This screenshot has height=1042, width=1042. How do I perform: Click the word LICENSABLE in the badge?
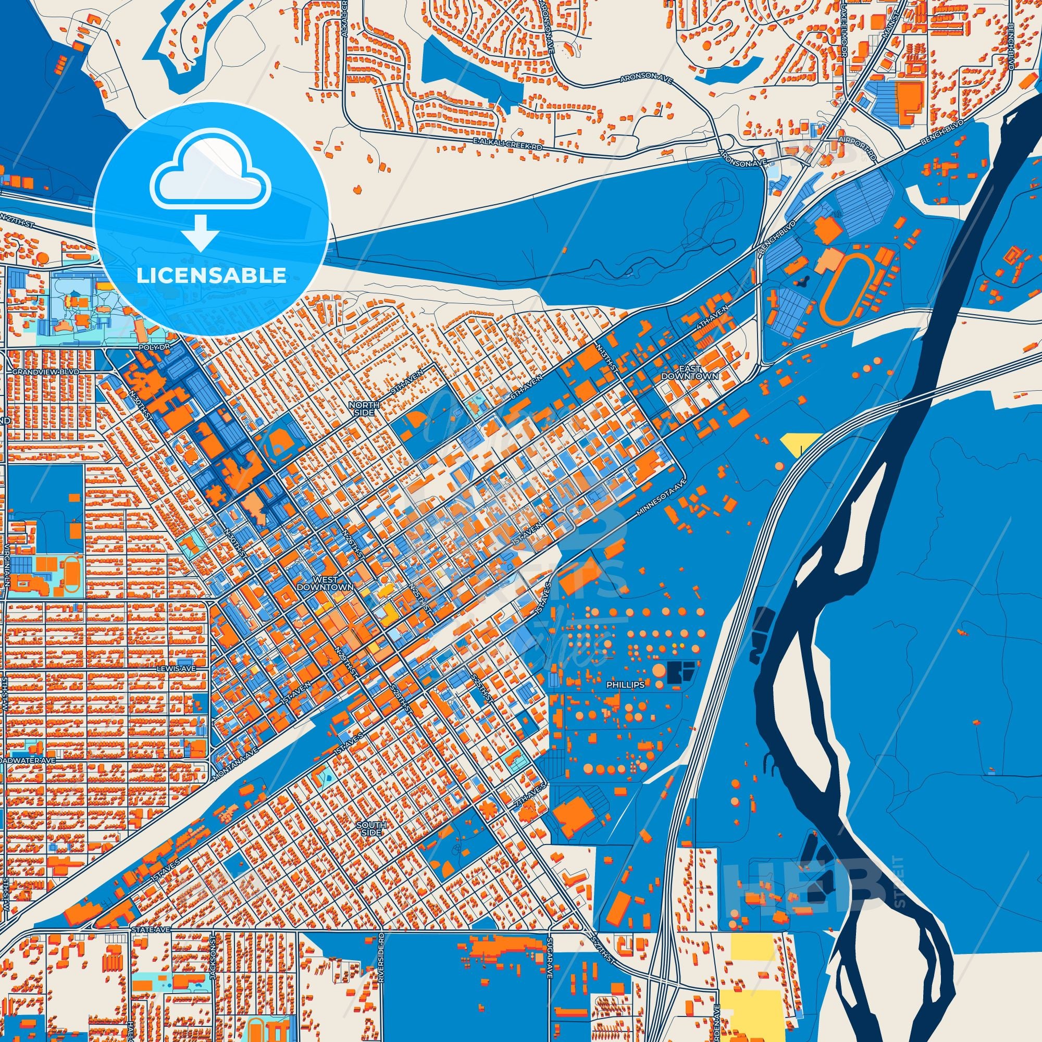click(211, 276)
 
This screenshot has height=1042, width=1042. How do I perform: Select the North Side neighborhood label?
click(364, 408)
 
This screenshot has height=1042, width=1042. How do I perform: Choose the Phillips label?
click(625, 685)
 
